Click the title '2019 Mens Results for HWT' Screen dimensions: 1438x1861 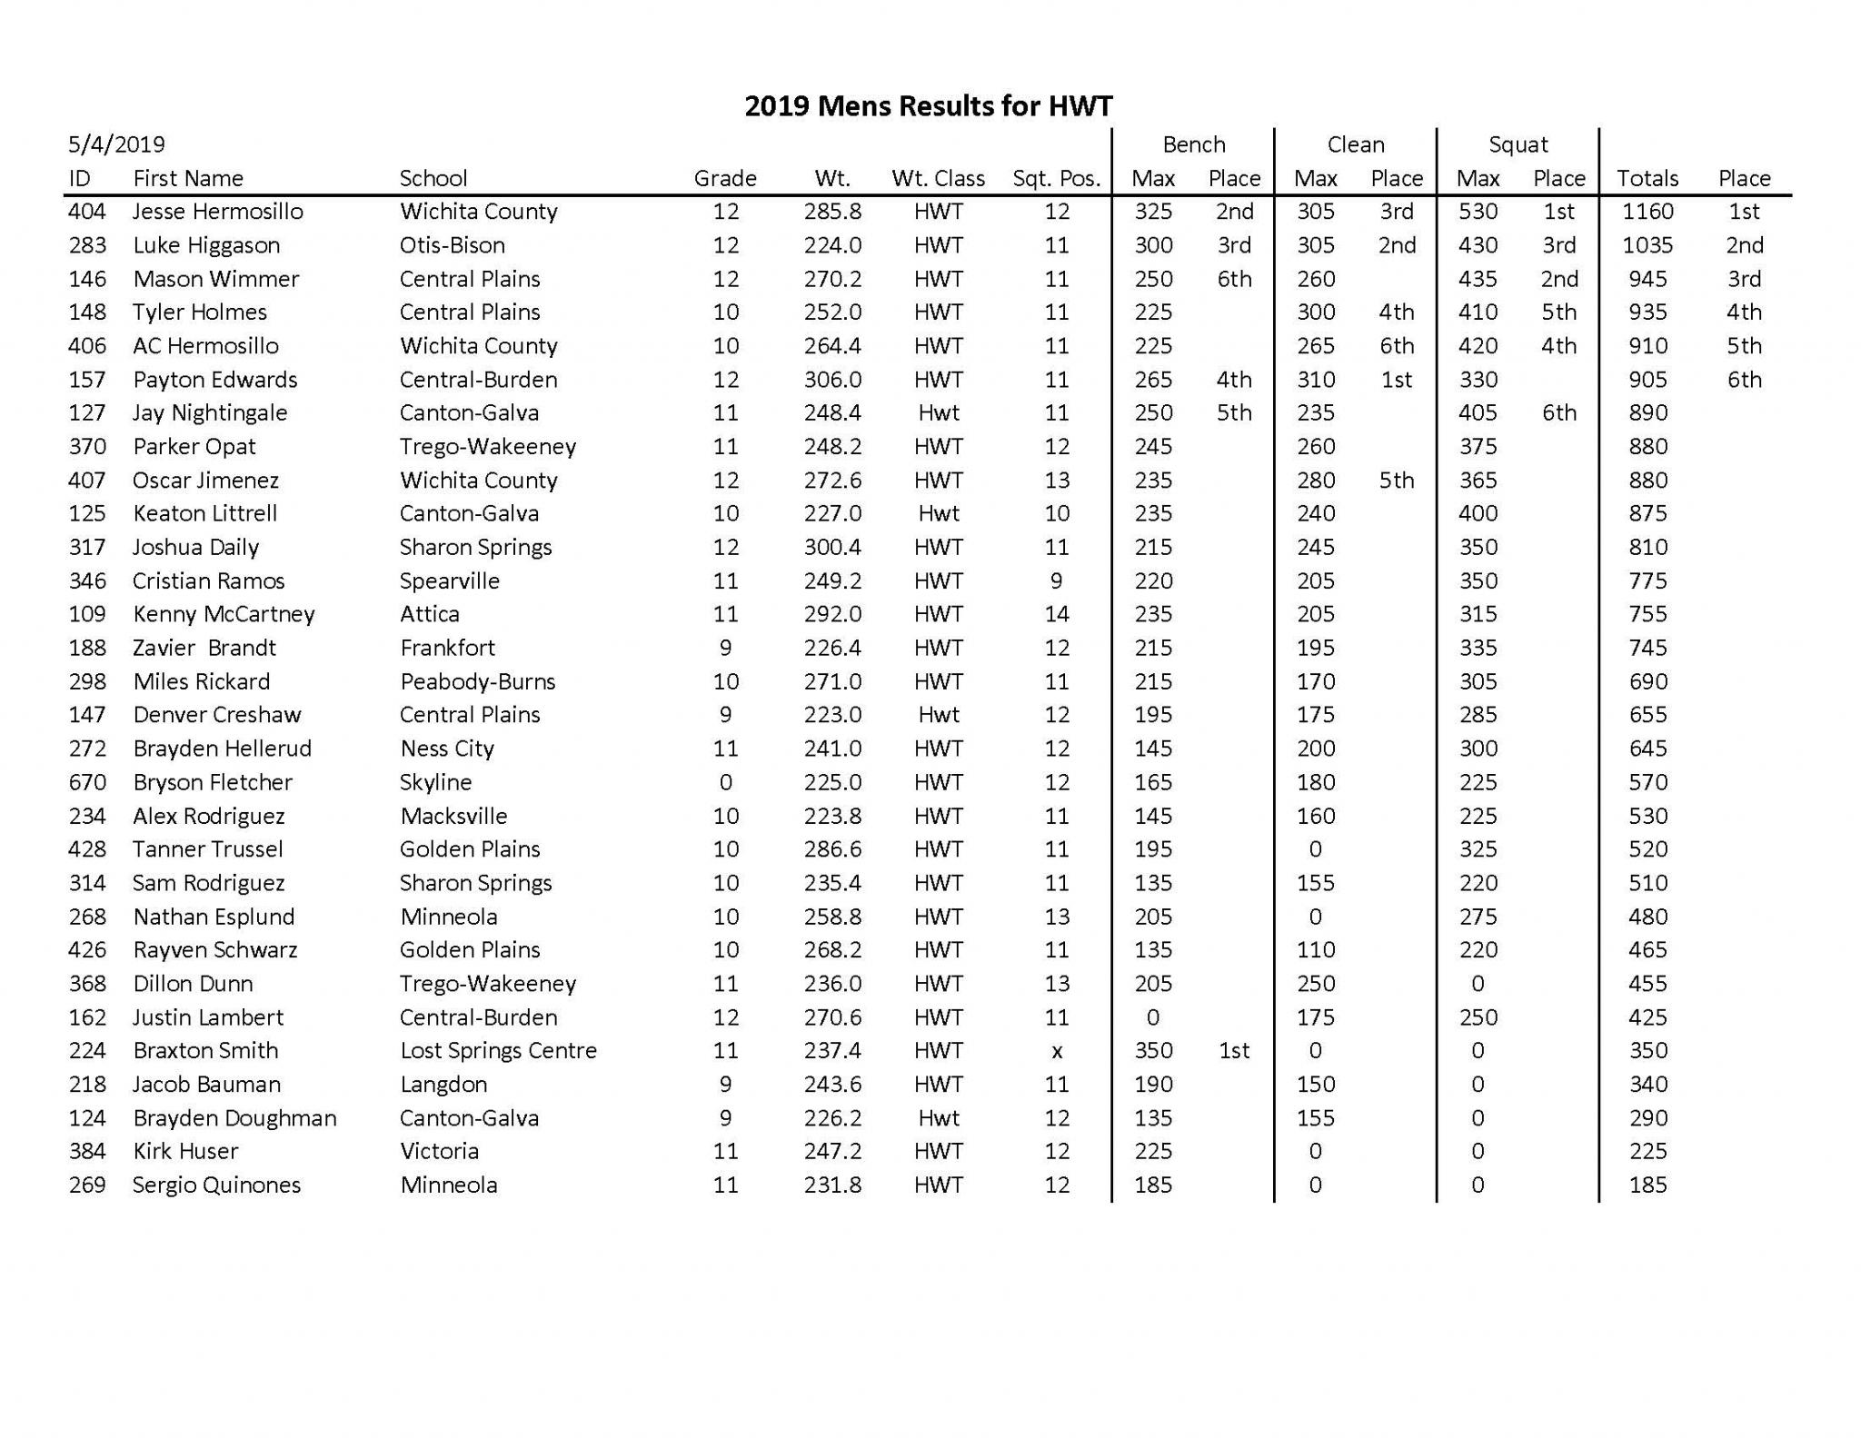(x=928, y=106)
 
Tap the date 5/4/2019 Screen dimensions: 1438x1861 (x=116, y=144)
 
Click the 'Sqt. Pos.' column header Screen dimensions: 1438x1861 (x=1056, y=178)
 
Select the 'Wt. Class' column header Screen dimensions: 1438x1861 (x=938, y=178)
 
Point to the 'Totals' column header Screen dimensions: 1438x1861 (x=1647, y=178)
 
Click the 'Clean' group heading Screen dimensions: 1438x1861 (x=1355, y=144)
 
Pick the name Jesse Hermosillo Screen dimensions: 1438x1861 (x=217, y=212)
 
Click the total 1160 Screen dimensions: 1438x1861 (x=1647, y=212)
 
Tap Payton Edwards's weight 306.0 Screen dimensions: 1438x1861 (x=832, y=380)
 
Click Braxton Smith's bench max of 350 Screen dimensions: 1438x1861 (x=1153, y=1051)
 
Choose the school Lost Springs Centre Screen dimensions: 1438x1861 (x=498, y=1051)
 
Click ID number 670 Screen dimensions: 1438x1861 (x=87, y=782)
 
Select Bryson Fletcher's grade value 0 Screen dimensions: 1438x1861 (x=725, y=782)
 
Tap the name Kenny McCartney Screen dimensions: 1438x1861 (x=224, y=614)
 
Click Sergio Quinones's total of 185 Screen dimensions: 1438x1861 (x=1647, y=1185)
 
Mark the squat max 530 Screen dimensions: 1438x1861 (x=1478, y=212)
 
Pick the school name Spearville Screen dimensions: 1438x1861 (x=449, y=581)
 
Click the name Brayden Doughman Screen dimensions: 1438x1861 (x=234, y=1118)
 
